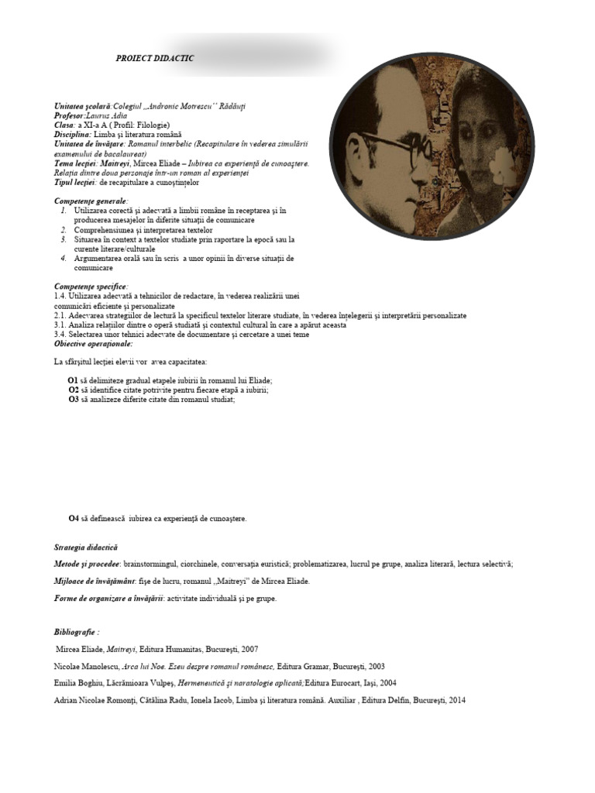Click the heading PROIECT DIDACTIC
[x=155, y=58]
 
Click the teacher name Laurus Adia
[x=119, y=115]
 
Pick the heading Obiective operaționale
[x=94, y=343]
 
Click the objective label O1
[x=73, y=380]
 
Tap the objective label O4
[x=73, y=518]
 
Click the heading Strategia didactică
[x=86, y=548]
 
